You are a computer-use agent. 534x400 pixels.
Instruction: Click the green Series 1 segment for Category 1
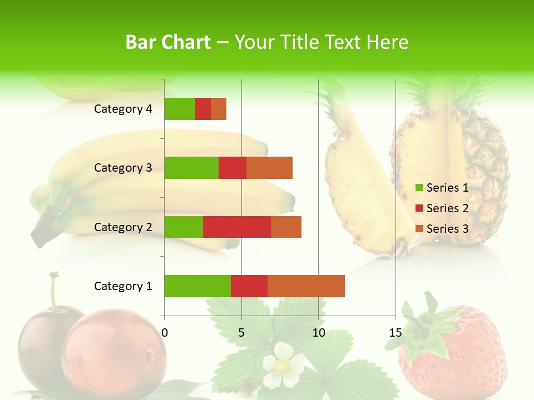point(197,286)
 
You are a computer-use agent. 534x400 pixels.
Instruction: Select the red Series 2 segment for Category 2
point(237,227)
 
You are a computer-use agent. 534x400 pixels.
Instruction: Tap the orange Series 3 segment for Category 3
point(269,168)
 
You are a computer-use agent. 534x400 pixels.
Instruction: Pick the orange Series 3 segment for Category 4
point(219,109)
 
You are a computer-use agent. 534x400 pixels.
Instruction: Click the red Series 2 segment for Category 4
point(203,109)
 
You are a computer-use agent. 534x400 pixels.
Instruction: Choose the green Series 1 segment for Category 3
point(191,168)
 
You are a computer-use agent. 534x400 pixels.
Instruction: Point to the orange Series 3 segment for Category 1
point(306,286)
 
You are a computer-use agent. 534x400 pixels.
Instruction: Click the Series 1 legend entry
point(442,188)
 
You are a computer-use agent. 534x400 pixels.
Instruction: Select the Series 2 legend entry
point(442,208)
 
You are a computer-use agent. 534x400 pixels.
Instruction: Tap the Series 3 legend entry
point(442,229)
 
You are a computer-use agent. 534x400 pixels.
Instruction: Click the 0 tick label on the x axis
point(165,333)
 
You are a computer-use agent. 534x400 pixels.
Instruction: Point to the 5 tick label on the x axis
point(241,333)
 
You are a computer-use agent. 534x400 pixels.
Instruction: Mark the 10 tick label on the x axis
point(318,333)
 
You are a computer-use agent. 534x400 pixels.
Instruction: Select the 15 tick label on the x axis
point(395,333)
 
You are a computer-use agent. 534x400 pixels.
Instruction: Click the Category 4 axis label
point(123,109)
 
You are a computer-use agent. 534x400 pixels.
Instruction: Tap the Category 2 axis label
point(123,227)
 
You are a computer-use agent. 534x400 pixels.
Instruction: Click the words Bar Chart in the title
point(168,42)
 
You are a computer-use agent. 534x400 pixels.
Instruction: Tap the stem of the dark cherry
point(54,289)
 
